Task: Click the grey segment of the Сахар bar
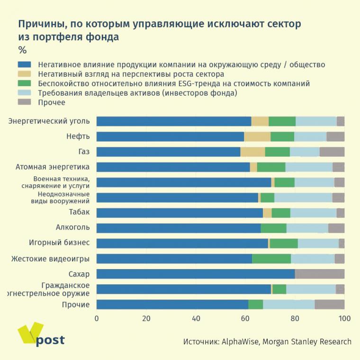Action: click(x=319, y=274)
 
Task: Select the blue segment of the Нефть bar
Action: click(x=170, y=137)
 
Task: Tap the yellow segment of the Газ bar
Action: click(x=252, y=152)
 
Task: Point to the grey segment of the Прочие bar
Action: click(x=329, y=304)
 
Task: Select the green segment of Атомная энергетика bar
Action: click(x=271, y=167)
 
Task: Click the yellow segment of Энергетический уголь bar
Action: click(x=260, y=121)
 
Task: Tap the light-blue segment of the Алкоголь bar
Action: click(x=307, y=228)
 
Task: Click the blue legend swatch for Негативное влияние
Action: click(x=24, y=64)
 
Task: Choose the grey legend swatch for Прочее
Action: click(x=24, y=102)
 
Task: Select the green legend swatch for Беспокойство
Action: click(x=24, y=83)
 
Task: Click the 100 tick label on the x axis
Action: click(x=344, y=319)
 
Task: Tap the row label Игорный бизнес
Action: click(x=59, y=243)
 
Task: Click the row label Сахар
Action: click(x=79, y=274)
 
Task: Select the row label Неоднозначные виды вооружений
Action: click(x=63, y=198)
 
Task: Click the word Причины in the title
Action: click(x=39, y=24)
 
